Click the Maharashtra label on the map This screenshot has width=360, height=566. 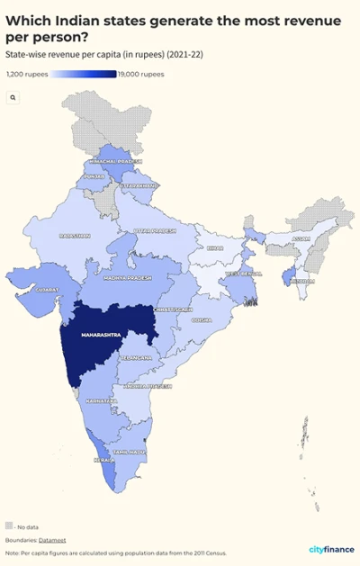tap(101, 335)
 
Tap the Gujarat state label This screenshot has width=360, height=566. tap(48, 290)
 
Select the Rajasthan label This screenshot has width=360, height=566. tap(75, 236)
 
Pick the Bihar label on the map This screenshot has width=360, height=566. tap(214, 247)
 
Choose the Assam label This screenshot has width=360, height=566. tap(301, 238)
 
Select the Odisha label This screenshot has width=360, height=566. tap(201, 319)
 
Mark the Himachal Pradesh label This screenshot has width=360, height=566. tap(115, 161)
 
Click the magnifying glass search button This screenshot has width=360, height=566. tap(13, 96)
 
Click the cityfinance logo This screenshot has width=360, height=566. tap(331, 550)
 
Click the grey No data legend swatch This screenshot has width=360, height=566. tap(9, 525)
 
